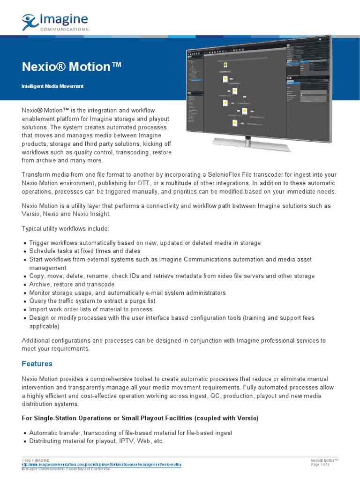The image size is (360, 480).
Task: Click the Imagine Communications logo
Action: (x=55, y=22)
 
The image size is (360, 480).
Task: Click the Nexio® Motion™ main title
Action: (x=72, y=67)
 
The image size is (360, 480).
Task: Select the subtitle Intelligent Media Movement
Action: (x=52, y=87)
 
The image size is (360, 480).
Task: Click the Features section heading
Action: (x=37, y=364)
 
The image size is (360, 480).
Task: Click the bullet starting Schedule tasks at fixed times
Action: (x=84, y=251)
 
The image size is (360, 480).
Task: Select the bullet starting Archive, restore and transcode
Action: (x=71, y=284)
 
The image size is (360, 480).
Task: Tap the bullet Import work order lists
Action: (x=90, y=309)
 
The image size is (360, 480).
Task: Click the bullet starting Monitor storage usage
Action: (x=127, y=292)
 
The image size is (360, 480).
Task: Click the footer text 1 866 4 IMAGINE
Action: (x=35, y=460)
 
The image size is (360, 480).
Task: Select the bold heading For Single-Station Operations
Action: (x=140, y=418)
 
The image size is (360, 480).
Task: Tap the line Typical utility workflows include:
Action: (x=65, y=228)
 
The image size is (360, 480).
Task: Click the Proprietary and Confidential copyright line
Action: (x=66, y=469)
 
